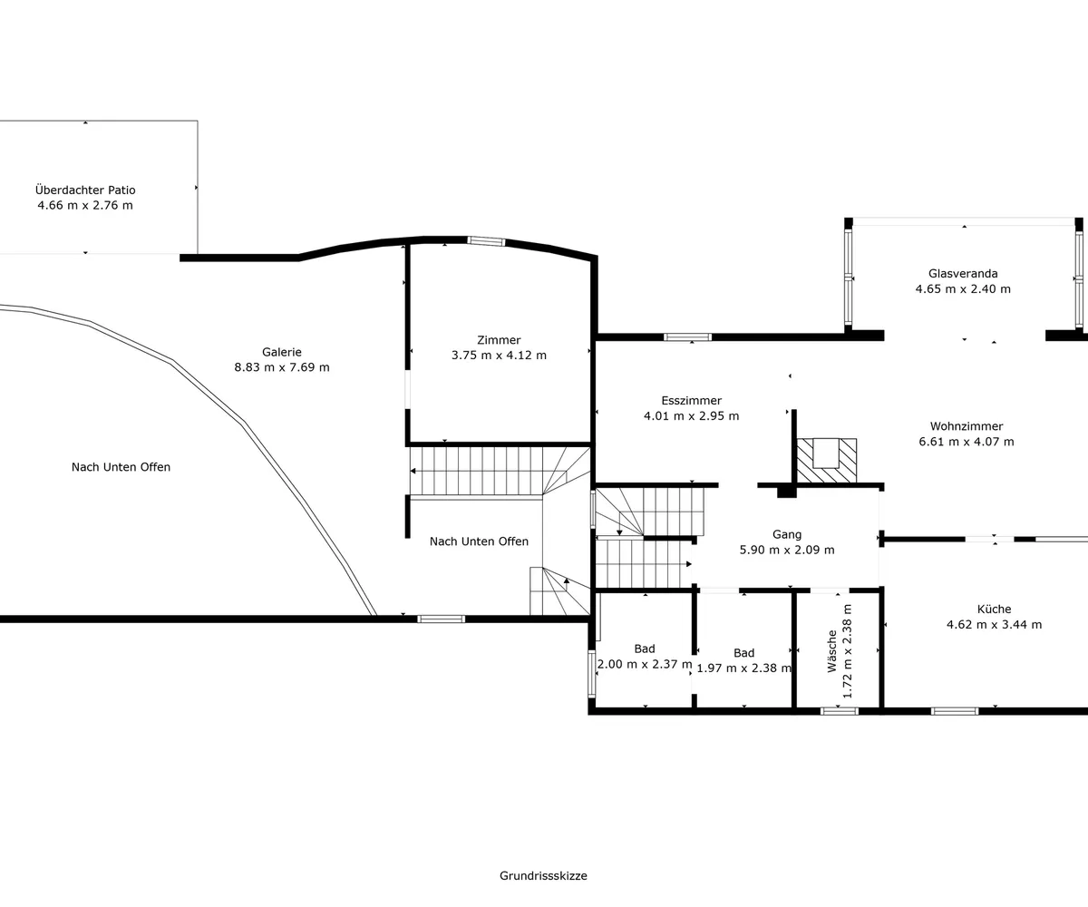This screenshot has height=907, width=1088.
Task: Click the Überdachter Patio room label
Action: pyautogui.click(x=85, y=190)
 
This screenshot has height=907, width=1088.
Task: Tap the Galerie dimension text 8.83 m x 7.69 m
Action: pyautogui.click(x=282, y=367)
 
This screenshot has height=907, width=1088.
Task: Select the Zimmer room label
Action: pyautogui.click(x=499, y=340)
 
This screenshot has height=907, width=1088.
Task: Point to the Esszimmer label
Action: pyautogui.click(x=692, y=400)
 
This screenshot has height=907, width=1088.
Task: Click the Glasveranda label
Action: pyautogui.click(x=963, y=273)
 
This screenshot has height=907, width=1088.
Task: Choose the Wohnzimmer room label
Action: pyautogui.click(x=967, y=426)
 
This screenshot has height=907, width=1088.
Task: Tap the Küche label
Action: pyautogui.click(x=995, y=609)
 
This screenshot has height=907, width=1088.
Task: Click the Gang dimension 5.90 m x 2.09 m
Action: pyautogui.click(x=787, y=550)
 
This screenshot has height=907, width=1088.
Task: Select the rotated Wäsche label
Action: pyautogui.click(x=832, y=651)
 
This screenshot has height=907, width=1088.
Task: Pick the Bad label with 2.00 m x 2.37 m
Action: pyautogui.click(x=645, y=649)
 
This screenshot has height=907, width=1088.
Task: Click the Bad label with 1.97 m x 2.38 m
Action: pyautogui.click(x=744, y=653)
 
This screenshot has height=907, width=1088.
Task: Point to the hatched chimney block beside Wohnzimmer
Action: pyautogui.click(x=826, y=461)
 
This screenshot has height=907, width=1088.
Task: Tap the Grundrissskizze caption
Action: pyautogui.click(x=543, y=876)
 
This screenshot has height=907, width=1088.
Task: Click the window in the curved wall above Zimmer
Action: pyautogui.click(x=486, y=241)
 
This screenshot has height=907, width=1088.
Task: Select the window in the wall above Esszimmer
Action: pyautogui.click(x=688, y=336)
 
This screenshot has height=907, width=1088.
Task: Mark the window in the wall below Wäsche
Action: pyautogui.click(x=840, y=711)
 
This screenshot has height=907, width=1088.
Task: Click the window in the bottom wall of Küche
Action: pyautogui.click(x=955, y=711)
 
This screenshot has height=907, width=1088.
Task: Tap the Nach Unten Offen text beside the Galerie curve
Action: pyautogui.click(x=121, y=467)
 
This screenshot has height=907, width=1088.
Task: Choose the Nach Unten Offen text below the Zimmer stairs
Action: pyautogui.click(x=479, y=541)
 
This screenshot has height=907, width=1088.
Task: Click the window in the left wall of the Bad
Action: pyautogui.click(x=591, y=674)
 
